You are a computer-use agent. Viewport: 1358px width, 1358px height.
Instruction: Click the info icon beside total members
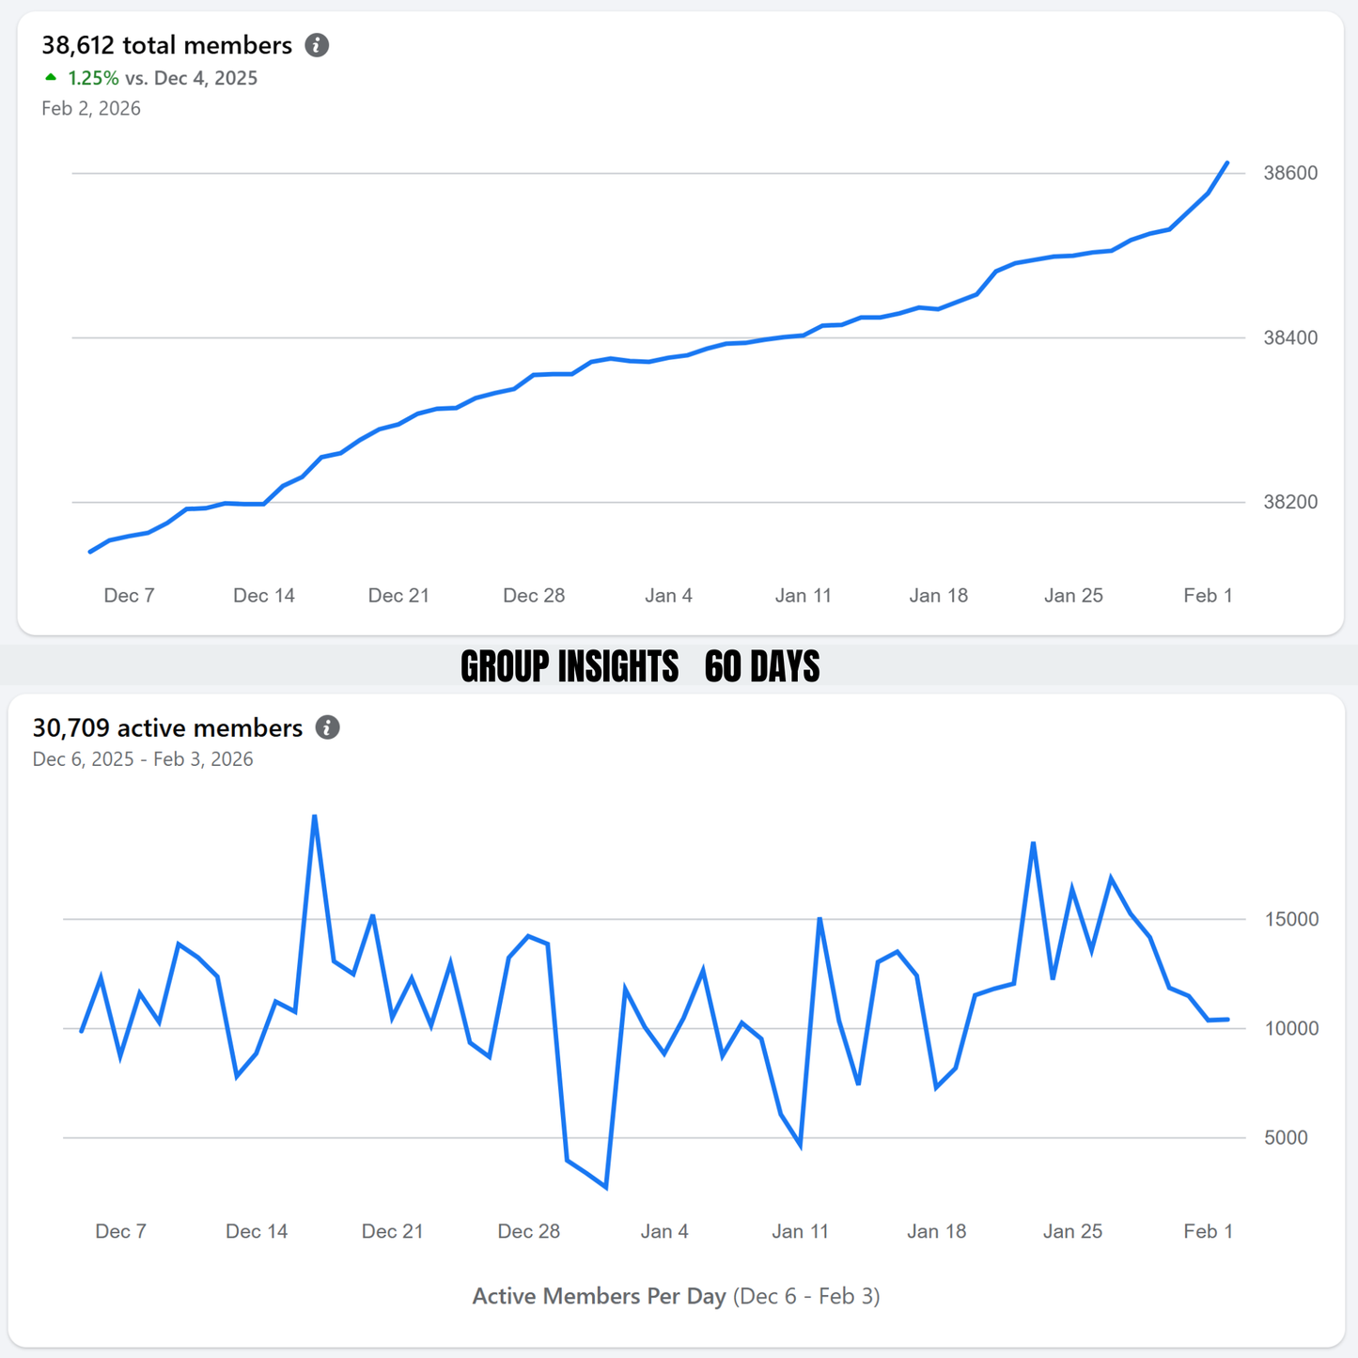pyautogui.click(x=317, y=45)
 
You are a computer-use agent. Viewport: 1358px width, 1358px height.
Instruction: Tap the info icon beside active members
pyautogui.click(x=327, y=727)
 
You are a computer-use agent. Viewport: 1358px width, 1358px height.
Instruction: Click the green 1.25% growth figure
pyautogui.click(x=92, y=78)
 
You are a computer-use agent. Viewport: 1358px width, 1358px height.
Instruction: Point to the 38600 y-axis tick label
pyautogui.click(x=1290, y=173)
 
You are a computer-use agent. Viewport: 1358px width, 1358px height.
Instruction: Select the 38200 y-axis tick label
pyautogui.click(x=1290, y=502)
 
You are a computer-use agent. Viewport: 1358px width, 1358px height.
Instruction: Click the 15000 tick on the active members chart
pyautogui.click(x=1291, y=919)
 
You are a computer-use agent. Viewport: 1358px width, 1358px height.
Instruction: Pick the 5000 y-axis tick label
pyautogui.click(x=1286, y=1137)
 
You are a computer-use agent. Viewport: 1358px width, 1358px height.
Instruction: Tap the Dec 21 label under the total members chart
pyautogui.click(x=398, y=595)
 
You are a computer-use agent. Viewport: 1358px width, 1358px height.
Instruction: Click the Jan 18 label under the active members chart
pyautogui.click(x=936, y=1231)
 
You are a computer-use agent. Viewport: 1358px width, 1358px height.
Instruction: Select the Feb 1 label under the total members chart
pyautogui.click(x=1208, y=595)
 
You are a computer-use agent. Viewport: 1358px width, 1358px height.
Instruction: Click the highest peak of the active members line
pyautogui.click(x=315, y=816)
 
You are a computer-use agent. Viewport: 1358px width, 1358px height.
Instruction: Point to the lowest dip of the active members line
pyautogui.click(x=606, y=1188)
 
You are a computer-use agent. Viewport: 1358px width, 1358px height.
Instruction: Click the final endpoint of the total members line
pyautogui.click(x=1227, y=163)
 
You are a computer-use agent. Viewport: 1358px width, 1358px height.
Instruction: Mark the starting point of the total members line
pyautogui.click(x=90, y=552)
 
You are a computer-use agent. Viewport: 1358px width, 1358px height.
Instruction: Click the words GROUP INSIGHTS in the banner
pyautogui.click(x=570, y=666)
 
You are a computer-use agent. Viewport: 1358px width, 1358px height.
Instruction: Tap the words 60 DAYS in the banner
pyautogui.click(x=761, y=666)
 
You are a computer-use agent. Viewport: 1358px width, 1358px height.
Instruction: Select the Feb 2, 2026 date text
pyautogui.click(x=91, y=108)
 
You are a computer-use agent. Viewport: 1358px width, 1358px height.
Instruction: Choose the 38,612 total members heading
pyautogui.click(x=166, y=45)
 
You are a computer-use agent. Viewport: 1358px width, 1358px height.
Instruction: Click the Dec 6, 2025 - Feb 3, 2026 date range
pyautogui.click(x=143, y=759)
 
